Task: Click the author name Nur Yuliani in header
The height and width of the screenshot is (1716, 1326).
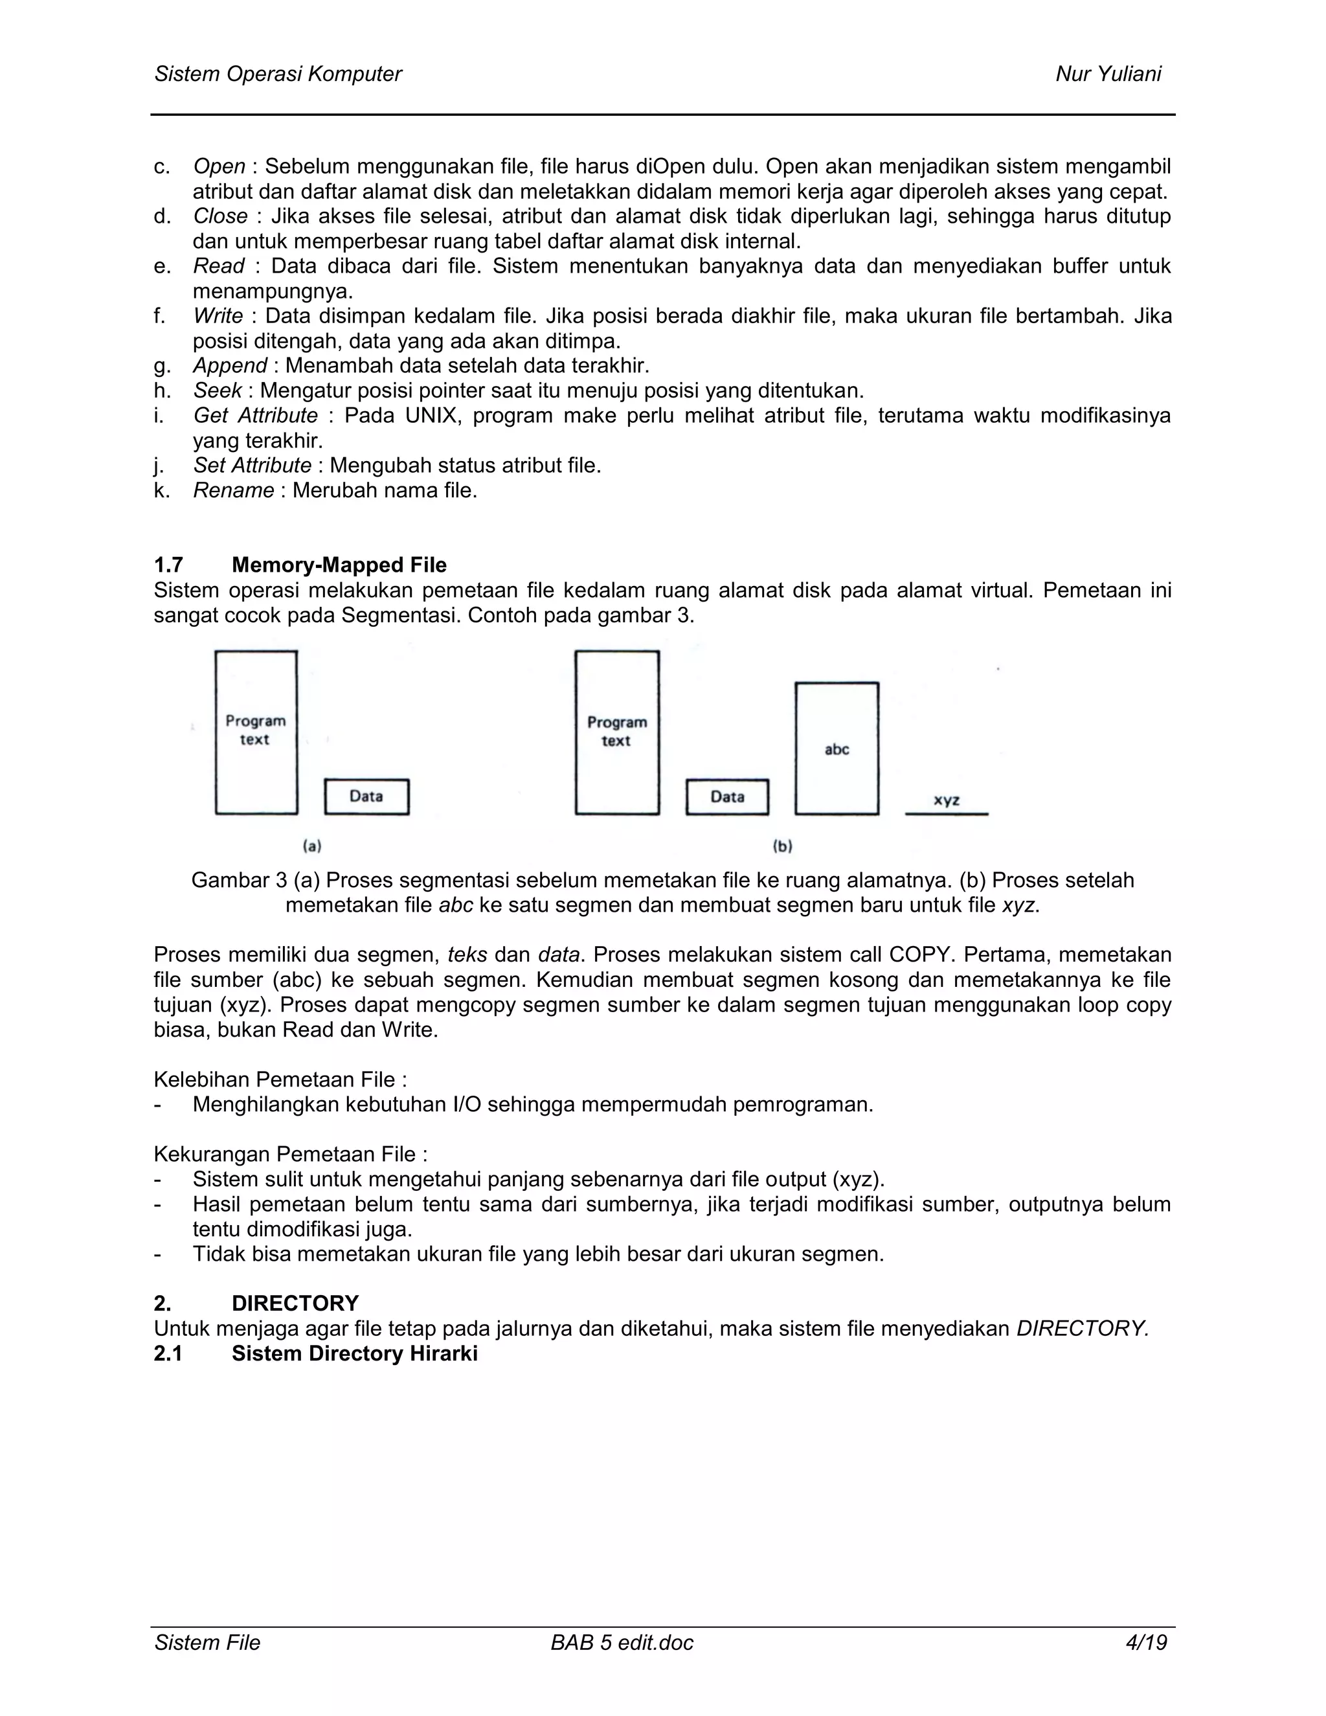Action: click(1108, 74)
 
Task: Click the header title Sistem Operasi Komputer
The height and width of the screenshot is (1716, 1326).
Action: click(278, 74)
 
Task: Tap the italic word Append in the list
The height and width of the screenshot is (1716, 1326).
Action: click(230, 366)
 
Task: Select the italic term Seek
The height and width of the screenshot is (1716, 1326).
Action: click(218, 390)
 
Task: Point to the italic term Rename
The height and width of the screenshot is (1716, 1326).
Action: click(233, 490)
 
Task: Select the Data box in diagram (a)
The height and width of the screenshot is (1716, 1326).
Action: click(367, 796)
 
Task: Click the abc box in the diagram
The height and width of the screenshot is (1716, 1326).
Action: click(837, 749)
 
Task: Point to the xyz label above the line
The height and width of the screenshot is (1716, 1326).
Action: click(947, 800)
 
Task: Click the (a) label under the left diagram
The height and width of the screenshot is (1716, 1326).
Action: click(313, 846)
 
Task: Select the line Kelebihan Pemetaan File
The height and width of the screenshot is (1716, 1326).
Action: click(280, 1079)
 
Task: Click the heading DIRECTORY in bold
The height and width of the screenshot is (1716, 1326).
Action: click(295, 1304)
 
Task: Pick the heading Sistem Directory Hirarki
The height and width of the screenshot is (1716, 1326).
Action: click(354, 1354)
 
